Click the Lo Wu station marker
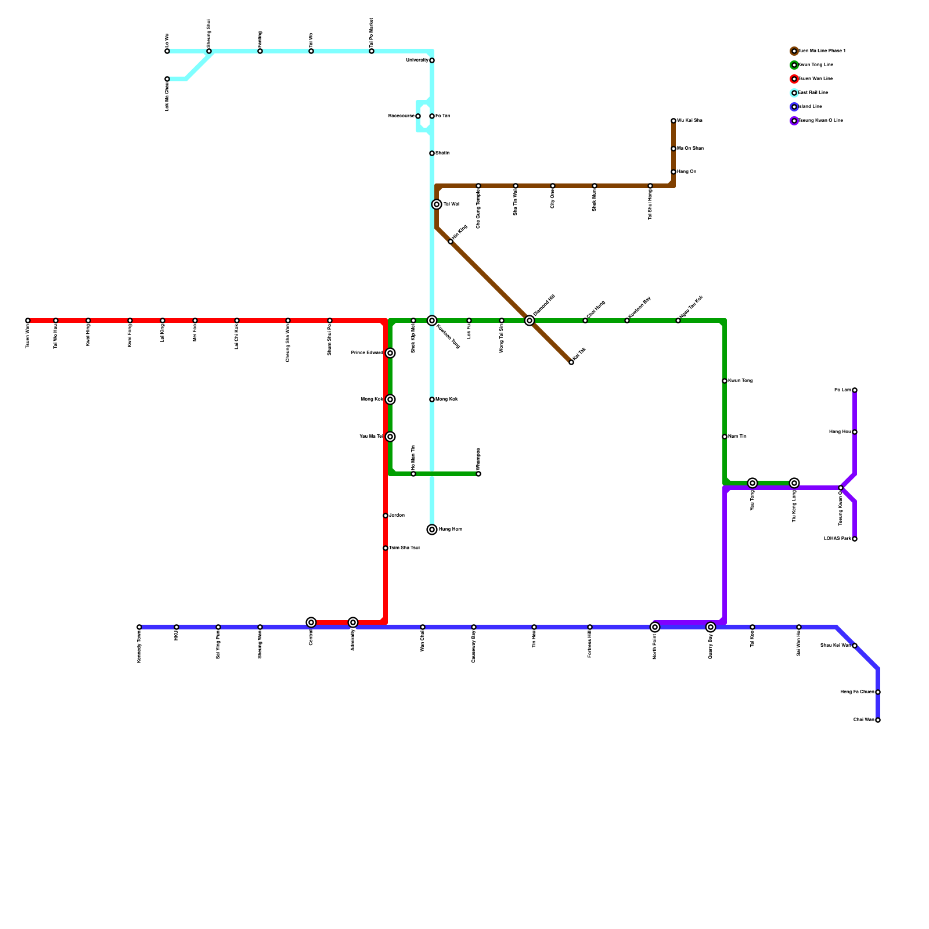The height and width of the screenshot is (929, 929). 167,51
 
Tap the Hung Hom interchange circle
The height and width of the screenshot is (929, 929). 432,530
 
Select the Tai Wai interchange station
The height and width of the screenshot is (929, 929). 437,204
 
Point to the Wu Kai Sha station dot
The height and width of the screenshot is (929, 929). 674,121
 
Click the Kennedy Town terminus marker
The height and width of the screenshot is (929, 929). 139,627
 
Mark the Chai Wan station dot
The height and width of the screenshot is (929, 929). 878,720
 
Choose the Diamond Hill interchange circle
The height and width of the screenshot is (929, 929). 530,321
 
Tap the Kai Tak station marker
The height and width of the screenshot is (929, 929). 571,362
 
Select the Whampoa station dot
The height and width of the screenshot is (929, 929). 478,474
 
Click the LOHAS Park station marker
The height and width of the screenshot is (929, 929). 855,539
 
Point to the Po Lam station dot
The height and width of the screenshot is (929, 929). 855,390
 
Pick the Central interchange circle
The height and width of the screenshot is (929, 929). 311,622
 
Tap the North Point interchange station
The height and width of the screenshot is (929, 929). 655,627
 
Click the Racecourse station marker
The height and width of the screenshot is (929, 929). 418,116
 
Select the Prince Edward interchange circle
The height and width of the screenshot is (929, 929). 390,353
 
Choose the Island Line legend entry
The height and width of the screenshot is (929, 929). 811,107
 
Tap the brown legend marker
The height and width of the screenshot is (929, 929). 794,51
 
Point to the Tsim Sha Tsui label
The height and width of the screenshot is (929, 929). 404,548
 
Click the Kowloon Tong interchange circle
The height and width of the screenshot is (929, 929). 432,321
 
